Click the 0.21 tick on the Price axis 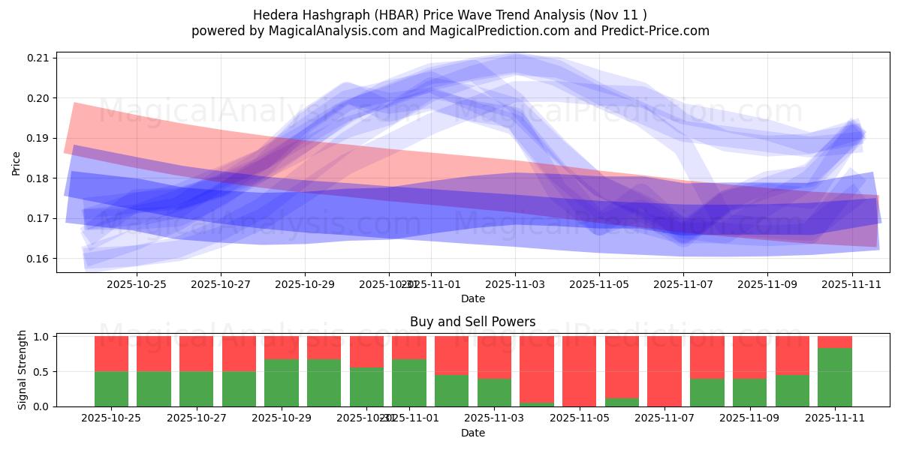(x=39, y=58)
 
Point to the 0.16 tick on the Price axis (x=39, y=259)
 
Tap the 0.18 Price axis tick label (x=39, y=178)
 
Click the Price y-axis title (x=16, y=163)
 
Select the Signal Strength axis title (x=23, y=370)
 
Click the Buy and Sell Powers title (x=472, y=322)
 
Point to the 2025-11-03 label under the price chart (x=515, y=284)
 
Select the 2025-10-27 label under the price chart (x=221, y=284)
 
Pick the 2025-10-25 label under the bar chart (x=111, y=418)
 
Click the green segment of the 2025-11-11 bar (x=834, y=377)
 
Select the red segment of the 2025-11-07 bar (x=664, y=370)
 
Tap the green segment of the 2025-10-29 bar (x=281, y=382)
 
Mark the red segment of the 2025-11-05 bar (x=579, y=370)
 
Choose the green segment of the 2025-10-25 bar (x=111, y=388)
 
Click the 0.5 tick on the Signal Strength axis (x=42, y=371)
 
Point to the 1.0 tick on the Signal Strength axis (x=42, y=337)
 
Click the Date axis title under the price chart (x=472, y=298)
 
